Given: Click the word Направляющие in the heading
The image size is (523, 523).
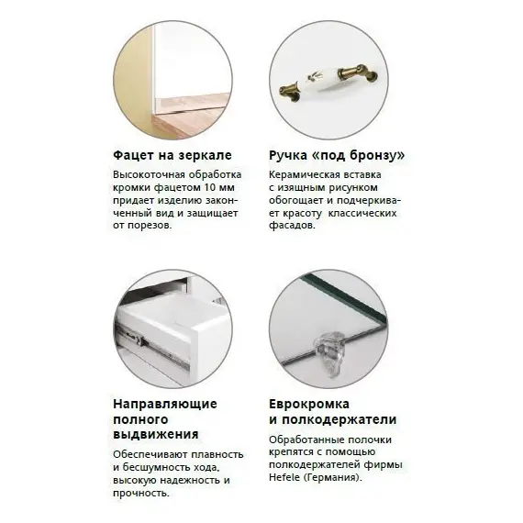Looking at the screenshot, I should click(x=164, y=403).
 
